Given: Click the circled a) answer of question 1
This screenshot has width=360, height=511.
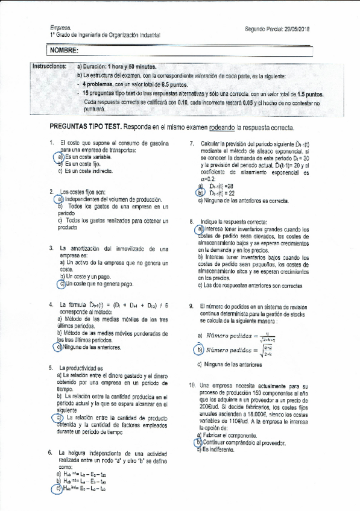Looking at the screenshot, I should point(61,157).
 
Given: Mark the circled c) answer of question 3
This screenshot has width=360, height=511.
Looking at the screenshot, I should point(61,284).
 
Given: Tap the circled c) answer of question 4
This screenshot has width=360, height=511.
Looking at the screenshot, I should point(58,347).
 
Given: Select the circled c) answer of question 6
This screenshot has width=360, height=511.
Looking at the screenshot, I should point(58,489).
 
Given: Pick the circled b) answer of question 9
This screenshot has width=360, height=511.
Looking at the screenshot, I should point(200,350).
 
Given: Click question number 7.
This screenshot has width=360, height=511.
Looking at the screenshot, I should point(191,143).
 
